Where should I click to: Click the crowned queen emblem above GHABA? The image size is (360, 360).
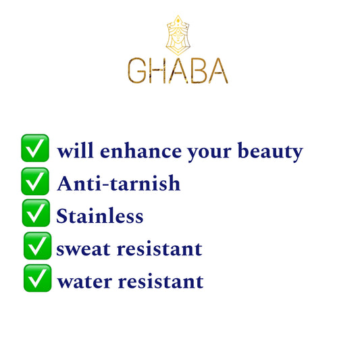[x=178, y=35]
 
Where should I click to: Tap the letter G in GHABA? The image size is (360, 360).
[x=137, y=70]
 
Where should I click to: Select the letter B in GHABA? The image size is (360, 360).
[x=198, y=70]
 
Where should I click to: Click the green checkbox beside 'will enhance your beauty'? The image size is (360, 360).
[x=35, y=148]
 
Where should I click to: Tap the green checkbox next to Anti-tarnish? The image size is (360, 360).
[x=35, y=182]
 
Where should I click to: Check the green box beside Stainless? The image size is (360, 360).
[x=36, y=213]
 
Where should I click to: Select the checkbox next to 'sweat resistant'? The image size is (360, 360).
[x=38, y=246]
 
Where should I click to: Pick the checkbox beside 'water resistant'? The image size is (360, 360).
[x=38, y=278]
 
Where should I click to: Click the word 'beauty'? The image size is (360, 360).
[x=270, y=152]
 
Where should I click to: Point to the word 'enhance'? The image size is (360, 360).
[x=140, y=151]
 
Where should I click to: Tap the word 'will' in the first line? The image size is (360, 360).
[x=75, y=151]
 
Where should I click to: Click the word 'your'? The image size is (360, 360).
[x=209, y=153]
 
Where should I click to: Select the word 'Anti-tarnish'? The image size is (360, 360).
[x=118, y=183]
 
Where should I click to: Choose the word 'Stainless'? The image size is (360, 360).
[x=100, y=216]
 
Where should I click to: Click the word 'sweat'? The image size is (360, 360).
[x=83, y=249]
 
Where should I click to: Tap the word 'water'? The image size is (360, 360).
[x=84, y=282]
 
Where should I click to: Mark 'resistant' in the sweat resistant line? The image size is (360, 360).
[x=159, y=249]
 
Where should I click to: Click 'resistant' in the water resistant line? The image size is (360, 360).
[x=161, y=281]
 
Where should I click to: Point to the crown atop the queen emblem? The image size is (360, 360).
[x=178, y=22]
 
